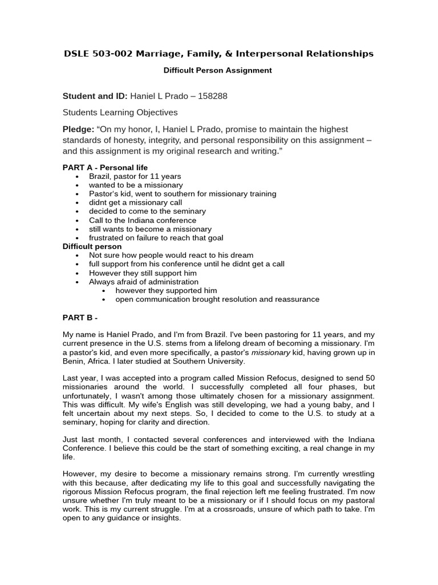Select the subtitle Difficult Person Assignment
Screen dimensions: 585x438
click(x=218, y=71)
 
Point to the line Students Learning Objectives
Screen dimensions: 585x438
click(x=120, y=113)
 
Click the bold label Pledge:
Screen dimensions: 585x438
click(x=78, y=129)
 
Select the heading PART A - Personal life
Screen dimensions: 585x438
click(x=105, y=167)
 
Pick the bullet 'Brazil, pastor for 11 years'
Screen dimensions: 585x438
click(x=135, y=177)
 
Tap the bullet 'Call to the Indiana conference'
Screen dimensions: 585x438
click(x=142, y=220)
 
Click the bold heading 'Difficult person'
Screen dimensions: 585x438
click(x=92, y=246)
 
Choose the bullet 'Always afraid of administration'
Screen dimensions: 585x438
click(x=144, y=282)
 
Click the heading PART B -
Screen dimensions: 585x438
click(x=80, y=317)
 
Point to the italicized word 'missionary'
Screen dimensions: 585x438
click(x=269, y=352)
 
